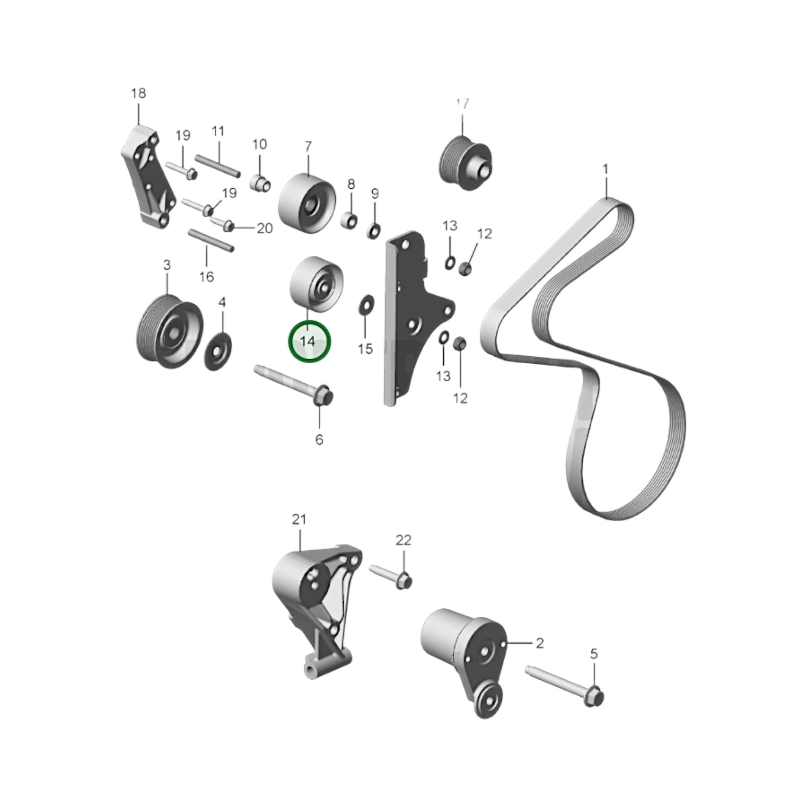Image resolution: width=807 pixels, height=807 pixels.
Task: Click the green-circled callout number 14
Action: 307,342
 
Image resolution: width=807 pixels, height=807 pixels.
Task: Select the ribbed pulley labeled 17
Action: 465,163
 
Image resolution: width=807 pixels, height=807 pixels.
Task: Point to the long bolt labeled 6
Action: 294,385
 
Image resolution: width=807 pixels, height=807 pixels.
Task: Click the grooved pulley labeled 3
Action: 170,332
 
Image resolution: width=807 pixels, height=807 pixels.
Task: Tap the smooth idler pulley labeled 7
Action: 306,203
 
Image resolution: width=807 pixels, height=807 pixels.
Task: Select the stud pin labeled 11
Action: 218,165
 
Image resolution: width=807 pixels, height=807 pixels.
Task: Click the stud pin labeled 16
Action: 211,240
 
